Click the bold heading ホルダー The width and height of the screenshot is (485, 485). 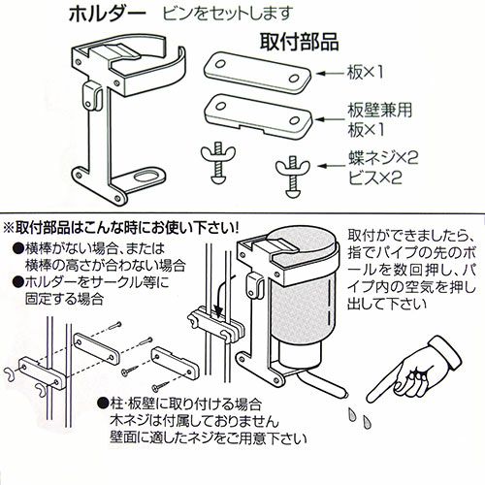(108, 15)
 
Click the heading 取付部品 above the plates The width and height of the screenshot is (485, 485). (300, 43)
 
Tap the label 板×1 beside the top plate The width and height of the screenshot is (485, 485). (365, 72)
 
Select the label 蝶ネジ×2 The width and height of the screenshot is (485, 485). (383, 158)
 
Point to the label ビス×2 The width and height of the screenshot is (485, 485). (375, 178)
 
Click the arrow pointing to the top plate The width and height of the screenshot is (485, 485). (330, 74)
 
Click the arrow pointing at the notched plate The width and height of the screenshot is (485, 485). (330, 119)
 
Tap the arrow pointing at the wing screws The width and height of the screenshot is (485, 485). (331, 166)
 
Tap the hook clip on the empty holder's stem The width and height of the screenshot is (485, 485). (93, 96)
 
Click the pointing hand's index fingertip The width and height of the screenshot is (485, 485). (371, 399)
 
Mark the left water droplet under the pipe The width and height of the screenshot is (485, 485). (352, 414)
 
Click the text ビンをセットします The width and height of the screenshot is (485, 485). (228, 14)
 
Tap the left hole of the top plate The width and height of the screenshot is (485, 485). (220, 64)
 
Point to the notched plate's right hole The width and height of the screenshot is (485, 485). (294, 120)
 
